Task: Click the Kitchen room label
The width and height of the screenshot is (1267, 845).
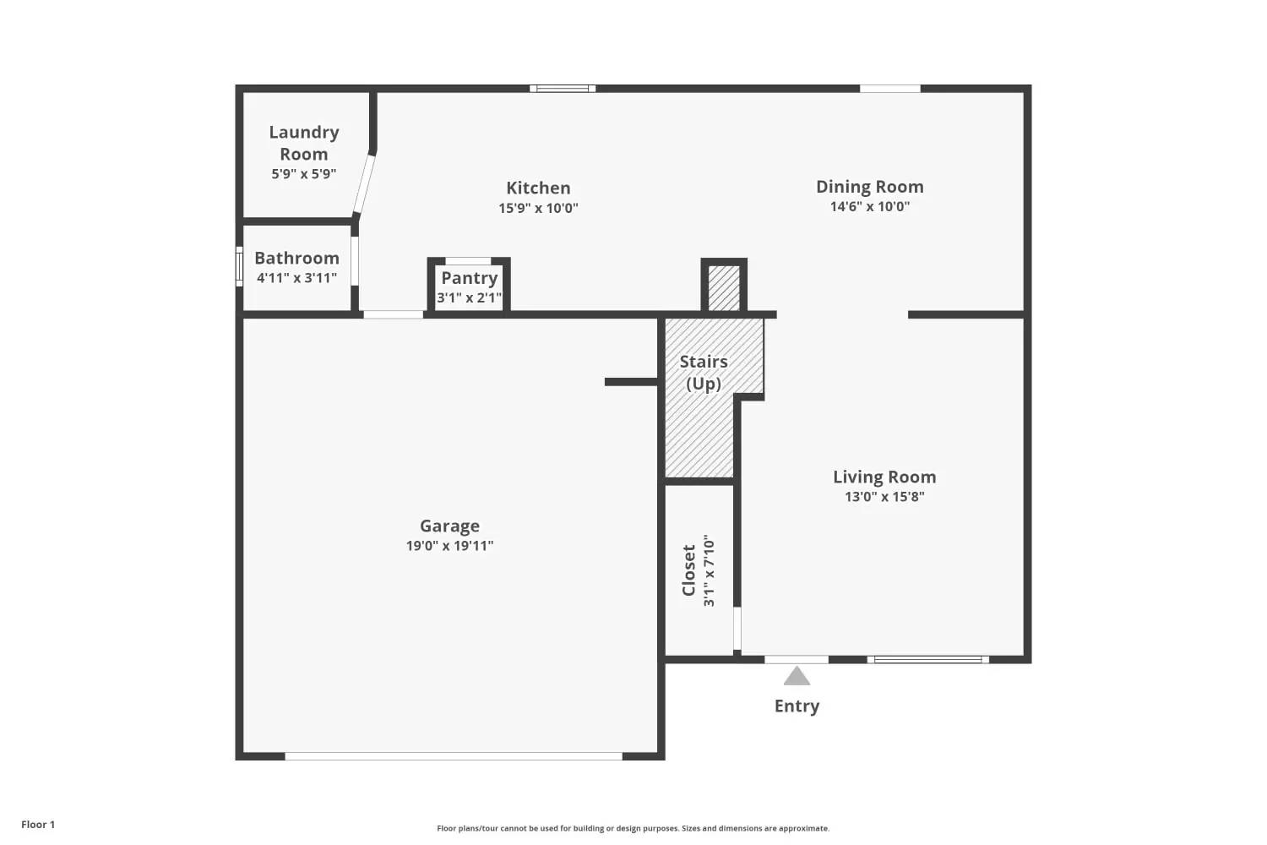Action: (538, 188)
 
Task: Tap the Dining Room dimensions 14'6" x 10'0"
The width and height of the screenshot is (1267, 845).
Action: (869, 206)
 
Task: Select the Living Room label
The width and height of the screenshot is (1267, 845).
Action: (884, 477)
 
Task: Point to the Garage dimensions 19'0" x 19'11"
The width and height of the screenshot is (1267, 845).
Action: (449, 546)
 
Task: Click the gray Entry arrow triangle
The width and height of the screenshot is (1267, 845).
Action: (797, 676)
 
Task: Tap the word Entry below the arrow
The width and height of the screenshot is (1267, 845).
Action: (797, 706)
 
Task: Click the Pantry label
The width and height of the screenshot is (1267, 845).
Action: (470, 278)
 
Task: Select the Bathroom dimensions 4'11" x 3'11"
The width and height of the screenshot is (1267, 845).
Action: (297, 278)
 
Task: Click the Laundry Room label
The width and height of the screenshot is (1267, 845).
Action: (304, 143)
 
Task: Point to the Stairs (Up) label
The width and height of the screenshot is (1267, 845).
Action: (703, 373)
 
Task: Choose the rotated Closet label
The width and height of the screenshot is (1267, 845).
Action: (688, 570)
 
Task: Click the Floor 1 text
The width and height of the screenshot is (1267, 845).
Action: (38, 824)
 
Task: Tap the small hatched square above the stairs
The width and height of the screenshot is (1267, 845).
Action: (723, 288)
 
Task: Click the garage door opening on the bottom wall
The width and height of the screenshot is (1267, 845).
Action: (453, 756)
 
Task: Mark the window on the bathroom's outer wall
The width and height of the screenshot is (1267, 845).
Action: (239, 266)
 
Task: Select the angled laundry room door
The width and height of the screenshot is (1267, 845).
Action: (364, 184)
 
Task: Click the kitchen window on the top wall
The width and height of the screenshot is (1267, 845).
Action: (563, 88)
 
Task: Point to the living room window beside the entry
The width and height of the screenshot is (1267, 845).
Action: (927, 659)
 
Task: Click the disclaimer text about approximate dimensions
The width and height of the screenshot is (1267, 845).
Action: (633, 828)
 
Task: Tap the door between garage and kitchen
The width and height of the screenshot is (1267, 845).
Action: (393, 314)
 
